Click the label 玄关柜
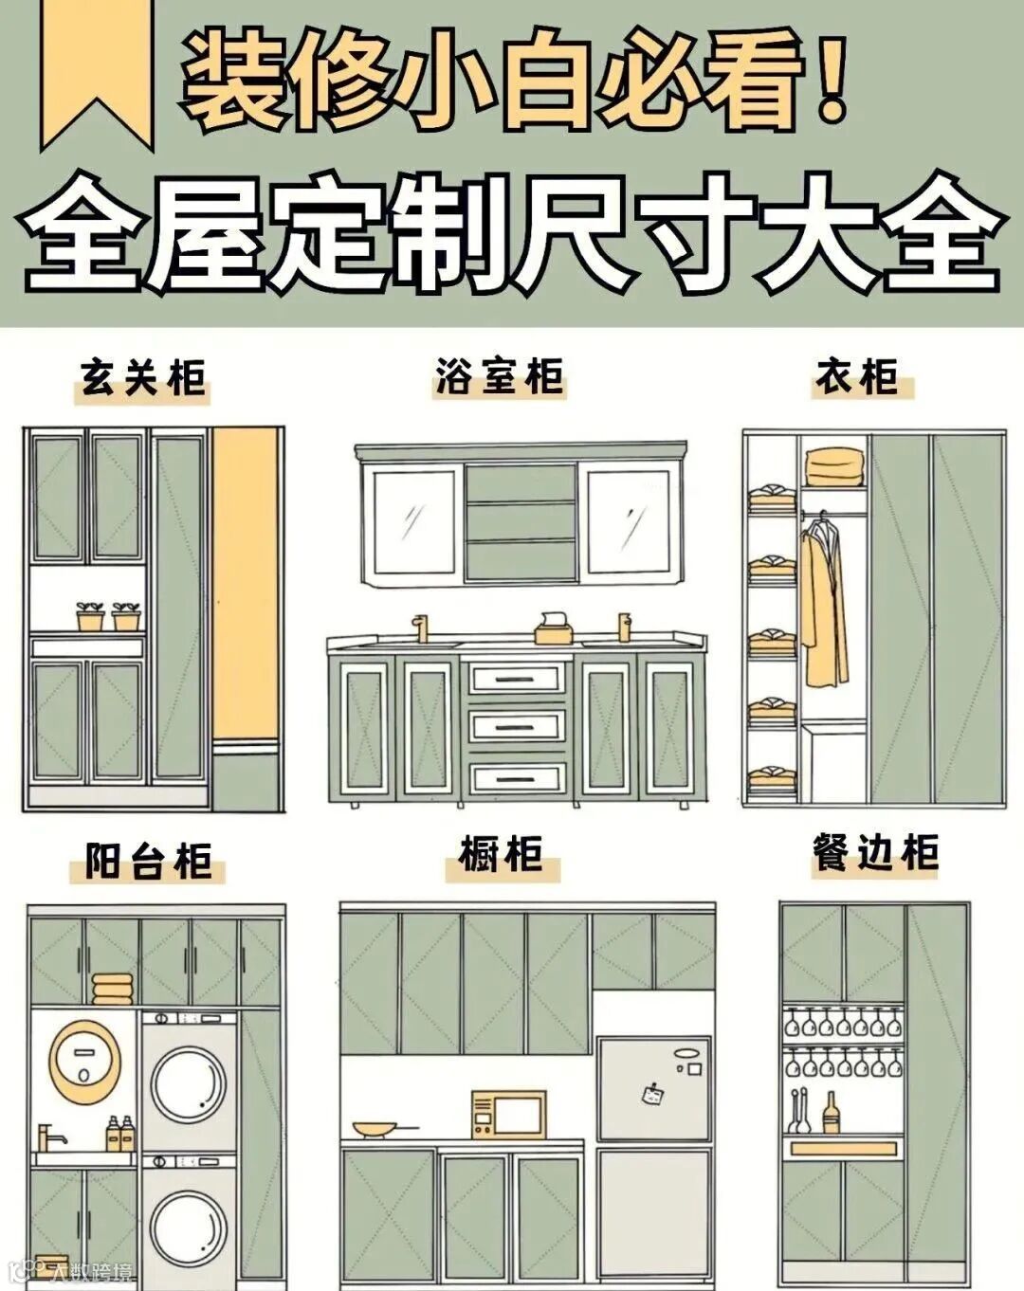[142, 377]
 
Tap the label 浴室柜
[500, 376]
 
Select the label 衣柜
[858, 376]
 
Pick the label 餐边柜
[875, 852]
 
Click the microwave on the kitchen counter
[508, 1114]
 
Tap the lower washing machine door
[190, 1227]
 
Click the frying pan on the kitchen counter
[376, 1129]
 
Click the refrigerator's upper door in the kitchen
[653, 1087]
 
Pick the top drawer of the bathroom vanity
[518, 679]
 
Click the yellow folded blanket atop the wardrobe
[834, 467]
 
